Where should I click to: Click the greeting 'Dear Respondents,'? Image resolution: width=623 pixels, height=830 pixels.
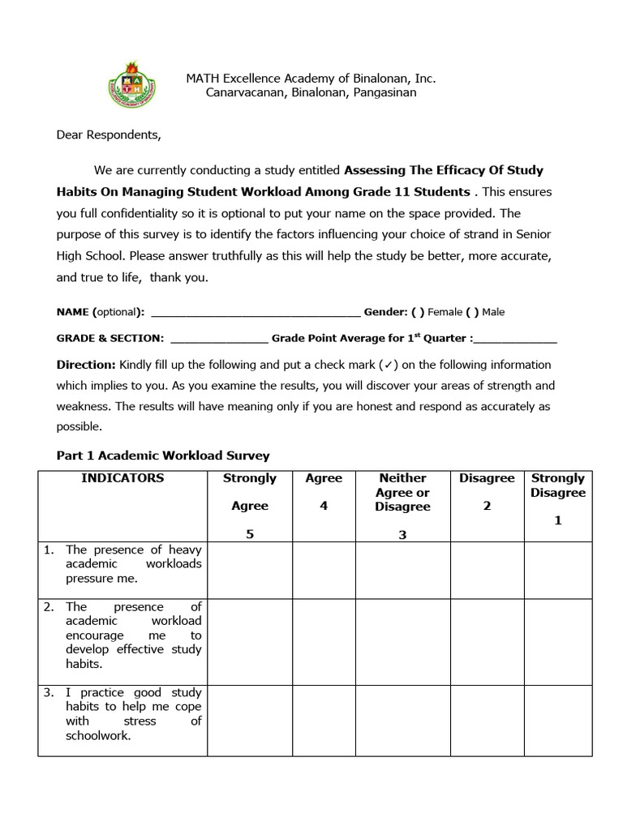point(109,135)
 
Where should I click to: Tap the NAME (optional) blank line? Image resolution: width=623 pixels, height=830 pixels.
point(256,312)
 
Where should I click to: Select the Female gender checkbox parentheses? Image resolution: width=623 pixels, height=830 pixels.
point(417,312)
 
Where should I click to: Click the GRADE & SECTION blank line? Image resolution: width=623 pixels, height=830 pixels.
point(219,338)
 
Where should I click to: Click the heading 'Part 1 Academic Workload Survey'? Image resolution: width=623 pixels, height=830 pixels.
point(162,456)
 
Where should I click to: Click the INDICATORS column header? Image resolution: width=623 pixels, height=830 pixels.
point(122,478)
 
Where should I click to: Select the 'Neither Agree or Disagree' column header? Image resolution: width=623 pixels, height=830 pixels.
point(402,492)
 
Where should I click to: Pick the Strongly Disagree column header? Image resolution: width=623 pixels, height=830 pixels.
point(557,486)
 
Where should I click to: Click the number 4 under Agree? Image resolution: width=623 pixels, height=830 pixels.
point(324,506)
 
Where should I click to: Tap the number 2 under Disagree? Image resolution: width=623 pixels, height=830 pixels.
point(487,506)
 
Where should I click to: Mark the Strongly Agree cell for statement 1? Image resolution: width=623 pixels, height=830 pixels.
point(249,570)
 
